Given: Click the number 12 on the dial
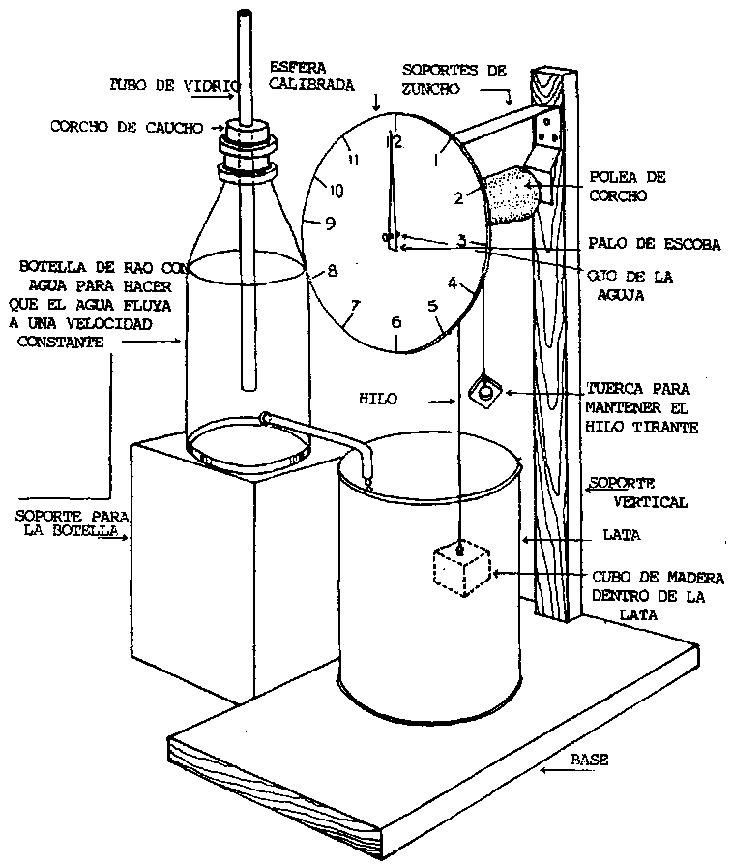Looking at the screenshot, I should click(395, 141).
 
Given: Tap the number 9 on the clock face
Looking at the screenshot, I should click(330, 224).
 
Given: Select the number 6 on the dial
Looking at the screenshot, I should click(395, 322).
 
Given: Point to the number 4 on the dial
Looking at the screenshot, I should click(452, 283).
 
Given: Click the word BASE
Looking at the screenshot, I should click(588, 761).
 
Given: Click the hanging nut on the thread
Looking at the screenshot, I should click(482, 392).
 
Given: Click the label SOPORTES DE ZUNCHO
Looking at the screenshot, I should click(454, 76).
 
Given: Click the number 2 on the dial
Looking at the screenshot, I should click(459, 198).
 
